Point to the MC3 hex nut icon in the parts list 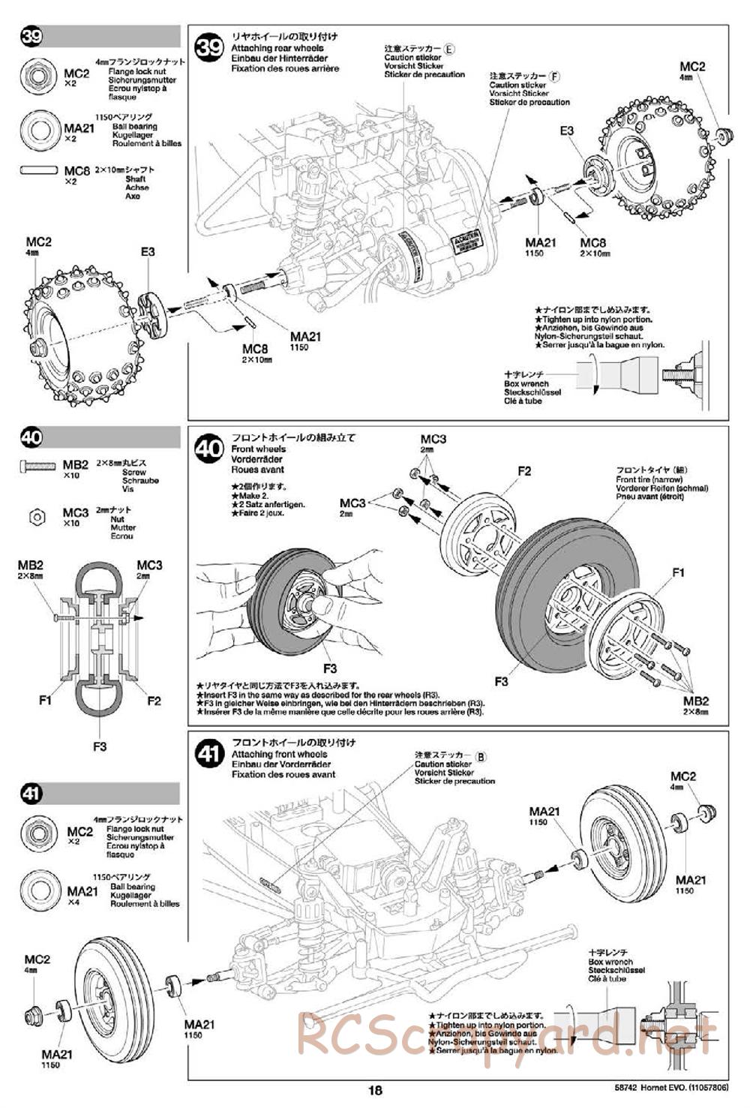[35, 515]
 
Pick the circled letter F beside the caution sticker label [555, 76]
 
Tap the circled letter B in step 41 [481, 756]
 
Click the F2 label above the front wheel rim [523, 470]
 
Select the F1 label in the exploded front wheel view [678, 572]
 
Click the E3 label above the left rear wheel [148, 251]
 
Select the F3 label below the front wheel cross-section [100, 746]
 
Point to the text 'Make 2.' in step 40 [247, 496]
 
